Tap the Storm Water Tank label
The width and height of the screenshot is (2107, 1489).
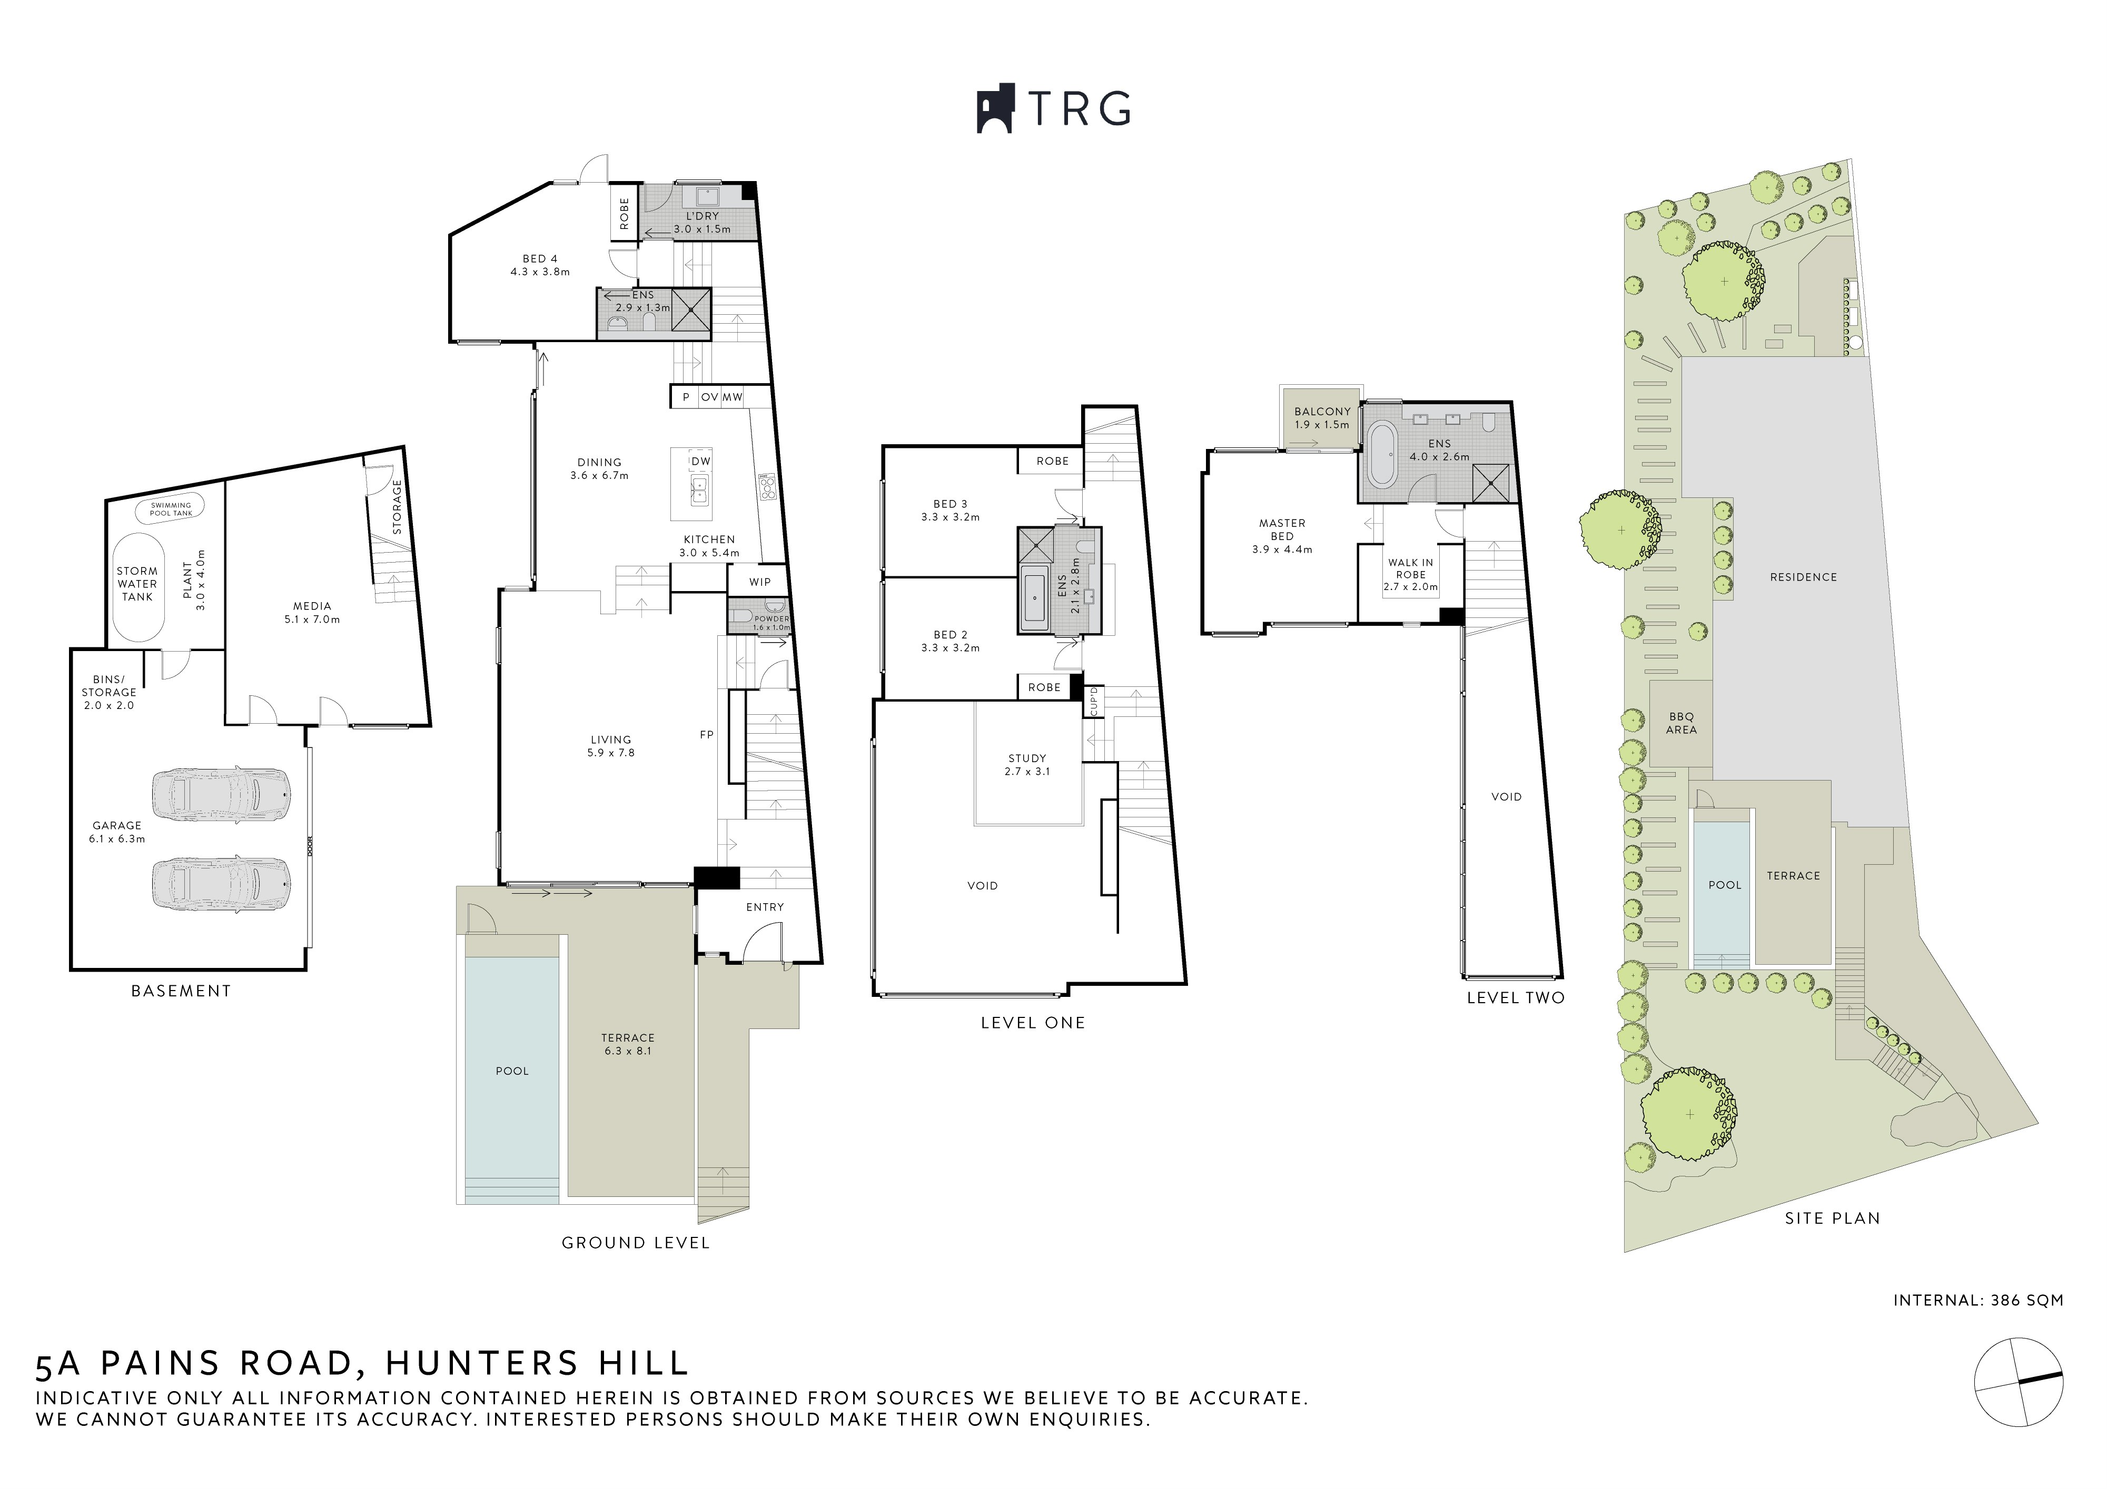(137, 584)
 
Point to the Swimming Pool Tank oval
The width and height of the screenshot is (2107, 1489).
(171, 508)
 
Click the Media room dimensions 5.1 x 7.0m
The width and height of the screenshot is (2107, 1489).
(312, 619)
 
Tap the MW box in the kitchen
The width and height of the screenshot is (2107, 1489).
(733, 397)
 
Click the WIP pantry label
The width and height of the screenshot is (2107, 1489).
(760, 582)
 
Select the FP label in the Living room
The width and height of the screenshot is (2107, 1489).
(707, 735)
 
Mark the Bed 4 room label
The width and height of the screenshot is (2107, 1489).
(540, 259)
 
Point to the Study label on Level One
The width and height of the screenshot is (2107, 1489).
(1027, 758)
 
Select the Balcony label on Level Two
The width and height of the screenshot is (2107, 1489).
(1322, 412)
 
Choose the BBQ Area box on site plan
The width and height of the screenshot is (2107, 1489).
(1681, 723)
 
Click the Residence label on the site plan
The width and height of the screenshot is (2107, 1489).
(1803, 577)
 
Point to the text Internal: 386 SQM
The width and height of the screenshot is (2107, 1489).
(1977, 1300)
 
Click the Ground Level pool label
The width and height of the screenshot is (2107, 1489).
(512, 1071)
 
